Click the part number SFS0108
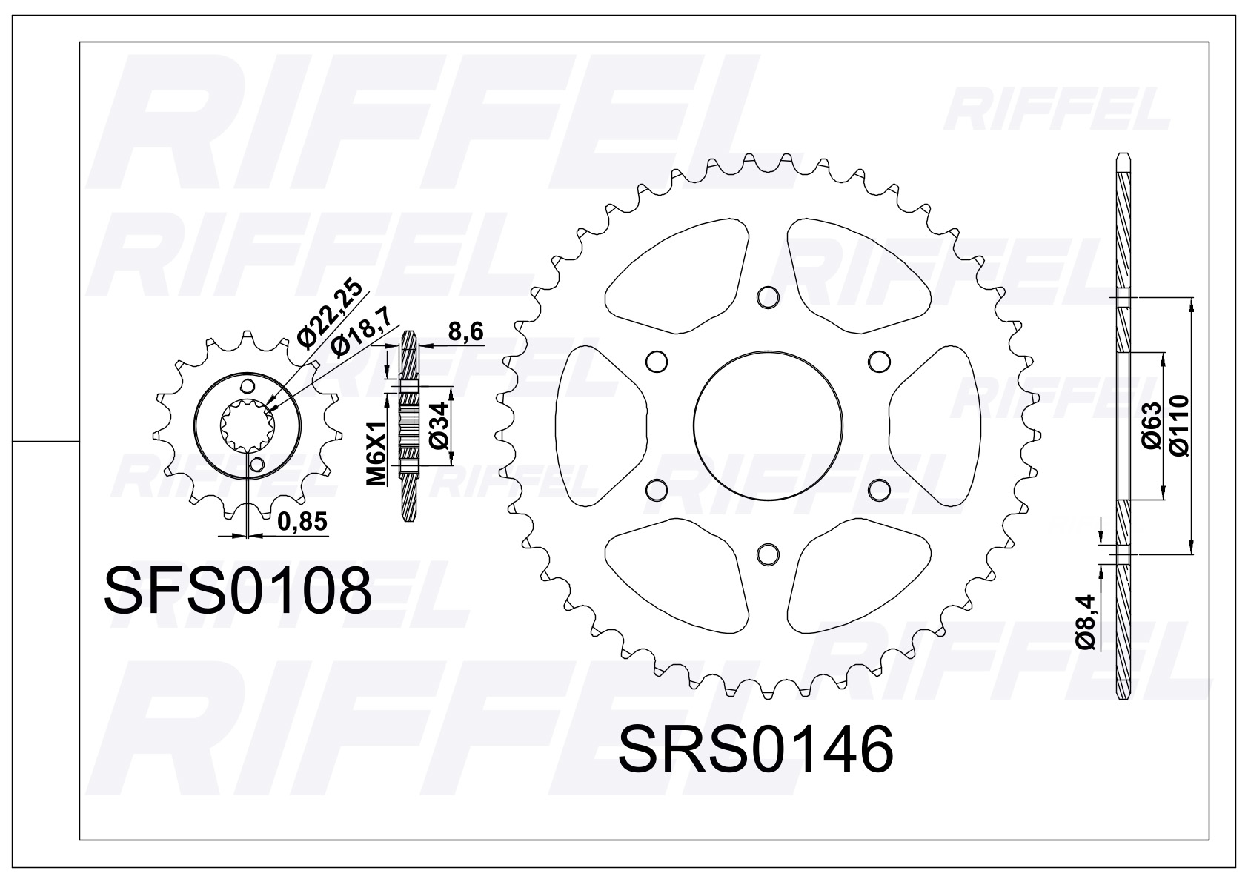click(238, 591)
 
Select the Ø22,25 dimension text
click(330, 314)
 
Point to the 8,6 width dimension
click(465, 333)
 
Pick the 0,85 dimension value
click(302, 522)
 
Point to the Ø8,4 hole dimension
click(1086, 629)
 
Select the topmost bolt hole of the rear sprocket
click(768, 297)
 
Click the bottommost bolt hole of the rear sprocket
click(768, 554)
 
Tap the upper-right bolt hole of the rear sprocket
click(879, 361)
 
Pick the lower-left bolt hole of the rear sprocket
click(656, 490)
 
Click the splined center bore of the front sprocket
click(248, 425)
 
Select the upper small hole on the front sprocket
click(248, 387)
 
